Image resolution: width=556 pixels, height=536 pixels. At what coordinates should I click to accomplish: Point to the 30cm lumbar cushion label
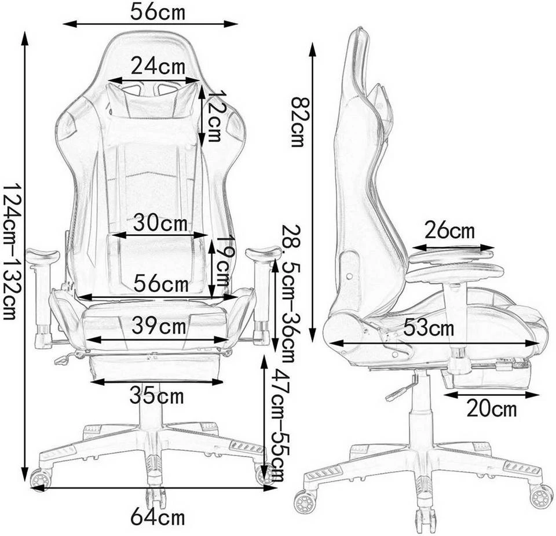160,222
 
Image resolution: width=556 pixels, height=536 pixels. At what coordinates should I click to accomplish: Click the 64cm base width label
158,516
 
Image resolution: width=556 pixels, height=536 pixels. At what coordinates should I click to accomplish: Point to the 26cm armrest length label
449,231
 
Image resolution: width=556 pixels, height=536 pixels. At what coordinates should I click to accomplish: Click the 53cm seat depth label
430,328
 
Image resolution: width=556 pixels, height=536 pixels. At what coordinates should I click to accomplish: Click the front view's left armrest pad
43,254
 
